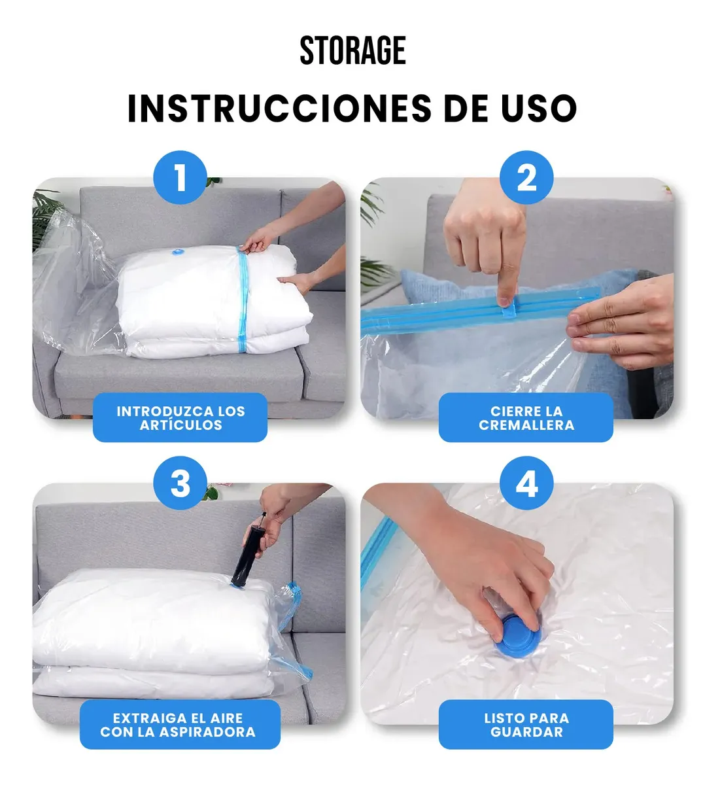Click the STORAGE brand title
353,50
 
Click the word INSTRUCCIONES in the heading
280,108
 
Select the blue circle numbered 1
180,177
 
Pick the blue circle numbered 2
526,177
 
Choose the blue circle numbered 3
180,483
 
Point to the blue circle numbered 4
526,483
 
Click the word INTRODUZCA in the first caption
162,411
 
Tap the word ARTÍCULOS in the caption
180,425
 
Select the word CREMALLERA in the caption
526,425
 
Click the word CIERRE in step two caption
507,411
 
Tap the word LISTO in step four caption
502,718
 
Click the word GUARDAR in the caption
526,732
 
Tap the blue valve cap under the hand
517,638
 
